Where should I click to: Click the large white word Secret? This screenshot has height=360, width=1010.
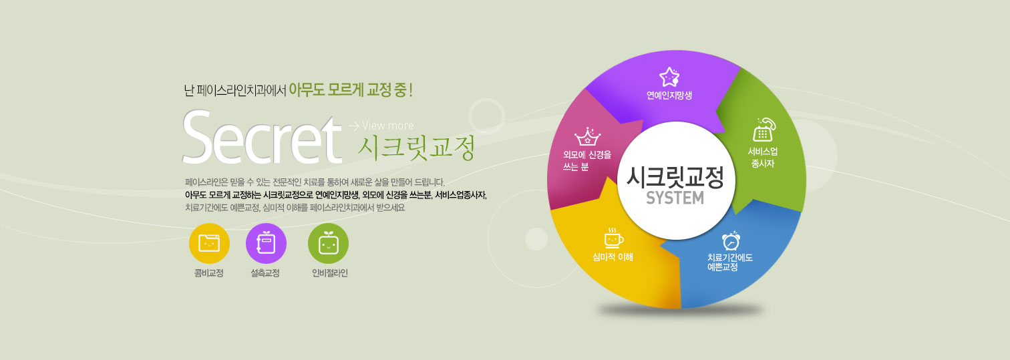tap(262, 138)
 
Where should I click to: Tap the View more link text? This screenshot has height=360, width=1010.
tap(387, 126)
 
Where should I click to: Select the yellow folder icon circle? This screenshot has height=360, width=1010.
tap(209, 243)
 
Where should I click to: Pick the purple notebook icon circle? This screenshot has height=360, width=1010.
tap(266, 243)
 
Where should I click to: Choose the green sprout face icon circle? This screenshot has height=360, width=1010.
tap(328, 243)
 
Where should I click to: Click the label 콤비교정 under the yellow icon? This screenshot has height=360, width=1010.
tap(209, 273)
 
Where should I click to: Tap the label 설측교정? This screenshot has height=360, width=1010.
tap(265, 273)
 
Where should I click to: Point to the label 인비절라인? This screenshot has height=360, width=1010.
tap(330, 273)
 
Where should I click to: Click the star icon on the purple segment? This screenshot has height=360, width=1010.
tap(669, 77)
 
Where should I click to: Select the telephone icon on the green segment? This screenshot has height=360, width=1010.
tap(764, 130)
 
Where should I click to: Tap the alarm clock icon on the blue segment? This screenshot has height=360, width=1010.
tap(731, 240)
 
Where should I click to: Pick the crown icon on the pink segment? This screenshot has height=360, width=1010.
tap(588, 136)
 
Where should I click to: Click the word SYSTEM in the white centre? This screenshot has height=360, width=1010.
tap(675, 198)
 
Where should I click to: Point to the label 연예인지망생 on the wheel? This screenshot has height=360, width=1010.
tap(669, 95)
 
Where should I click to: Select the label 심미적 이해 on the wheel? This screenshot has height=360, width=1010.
tap(613, 257)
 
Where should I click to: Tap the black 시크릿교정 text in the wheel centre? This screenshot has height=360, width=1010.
tap(675, 177)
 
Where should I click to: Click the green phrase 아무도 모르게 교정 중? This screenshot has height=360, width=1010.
tap(351, 90)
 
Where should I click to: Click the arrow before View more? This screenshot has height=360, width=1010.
tap(354, 126)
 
